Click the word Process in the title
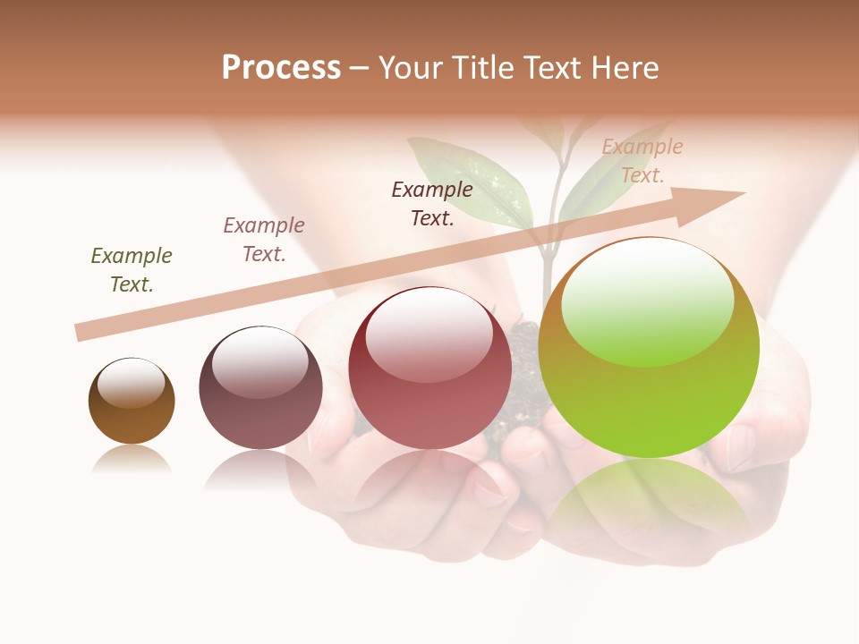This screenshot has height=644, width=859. (281, 68)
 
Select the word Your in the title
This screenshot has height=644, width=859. (412, 68)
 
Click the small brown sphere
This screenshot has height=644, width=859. (132, 401)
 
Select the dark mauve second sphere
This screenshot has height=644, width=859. (260, 388)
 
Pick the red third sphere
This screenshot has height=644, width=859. (429, 369)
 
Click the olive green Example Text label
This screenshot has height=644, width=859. (132, 269)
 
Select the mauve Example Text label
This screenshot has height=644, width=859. (264, 239)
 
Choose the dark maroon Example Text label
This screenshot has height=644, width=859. (432, 203)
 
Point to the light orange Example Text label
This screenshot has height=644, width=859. (642, 161)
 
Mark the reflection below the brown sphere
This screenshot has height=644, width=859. (132, 460)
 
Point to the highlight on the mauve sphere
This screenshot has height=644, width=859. (259, 360)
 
